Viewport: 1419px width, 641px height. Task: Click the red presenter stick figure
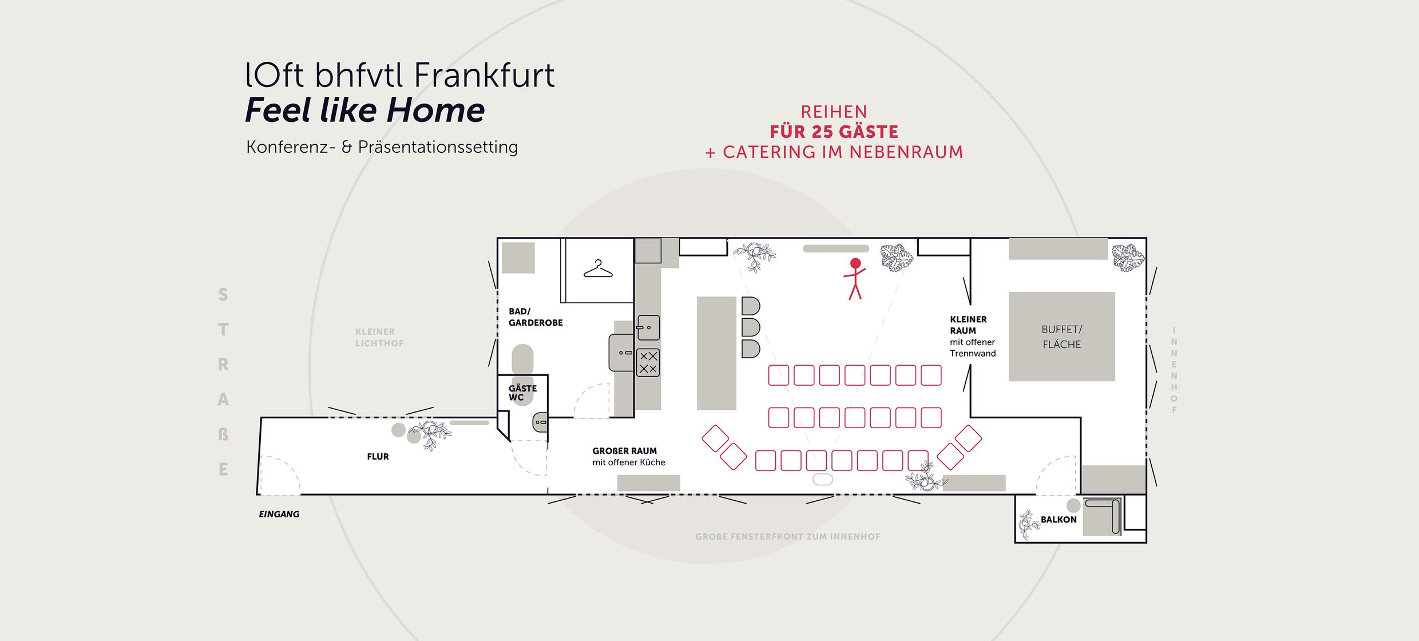coord(855,279)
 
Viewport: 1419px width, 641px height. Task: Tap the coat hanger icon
coord(598,269)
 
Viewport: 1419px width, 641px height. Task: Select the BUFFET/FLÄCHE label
coord(1062,337)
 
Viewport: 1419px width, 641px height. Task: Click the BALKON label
coord(1059,520)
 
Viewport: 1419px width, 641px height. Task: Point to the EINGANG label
coord(279,514)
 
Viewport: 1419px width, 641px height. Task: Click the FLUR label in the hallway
coord(378,457)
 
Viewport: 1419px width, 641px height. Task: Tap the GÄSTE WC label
coord(522,393)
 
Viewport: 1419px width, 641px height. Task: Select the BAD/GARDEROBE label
coord(536,317)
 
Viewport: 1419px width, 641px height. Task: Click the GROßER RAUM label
coord(624,451)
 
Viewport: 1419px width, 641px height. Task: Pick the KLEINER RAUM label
coord(968,325)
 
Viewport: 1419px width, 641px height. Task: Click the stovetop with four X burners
coord(648,362)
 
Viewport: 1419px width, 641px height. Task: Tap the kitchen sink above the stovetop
coord(648,328)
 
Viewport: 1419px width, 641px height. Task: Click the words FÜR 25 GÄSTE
coord(834,132)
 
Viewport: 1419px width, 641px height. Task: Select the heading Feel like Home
coord(365,110)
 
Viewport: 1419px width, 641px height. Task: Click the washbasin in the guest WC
coord(540,422)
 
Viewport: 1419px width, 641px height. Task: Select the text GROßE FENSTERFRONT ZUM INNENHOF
coord(787,537)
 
